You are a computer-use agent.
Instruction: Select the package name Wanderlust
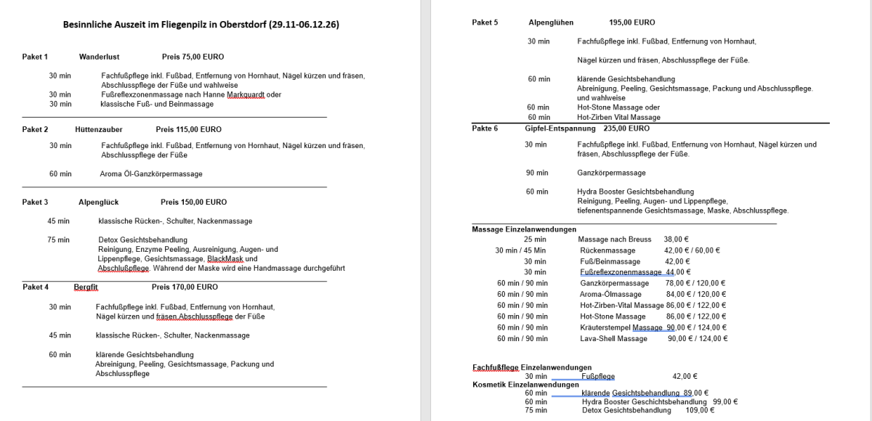pyautogui.click(x=99, y=57)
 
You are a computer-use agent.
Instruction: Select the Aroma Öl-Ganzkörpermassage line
pyautogui.click(x=151, y=174)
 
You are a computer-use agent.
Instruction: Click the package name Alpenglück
pyautogui.click(x=99, y=202)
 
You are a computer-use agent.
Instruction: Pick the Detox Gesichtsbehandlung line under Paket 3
pyautogui.click(x=142, y=240)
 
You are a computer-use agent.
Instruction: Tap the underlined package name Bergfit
pyautogui.click(x=86, y=287)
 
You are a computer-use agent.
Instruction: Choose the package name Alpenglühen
pyautogui.click(x=553, y=23)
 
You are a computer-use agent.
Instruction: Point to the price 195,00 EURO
pyautogui.click(x=632, y=23)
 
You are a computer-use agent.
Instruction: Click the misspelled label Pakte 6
pyautogui.click(x=485, y=128)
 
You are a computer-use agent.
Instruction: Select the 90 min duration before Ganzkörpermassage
pyautogui.click(x=537, y=173)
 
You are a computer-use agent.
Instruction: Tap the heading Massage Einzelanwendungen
pyautogui.click(x=524, y=229)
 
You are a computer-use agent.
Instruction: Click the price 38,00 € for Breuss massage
pyautogui.click(x=677, y=239)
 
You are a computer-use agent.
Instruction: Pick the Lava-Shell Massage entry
pyautogui.click(x=613, y=338)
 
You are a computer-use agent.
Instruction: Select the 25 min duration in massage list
pyautogui.click(x=535, y=239)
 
